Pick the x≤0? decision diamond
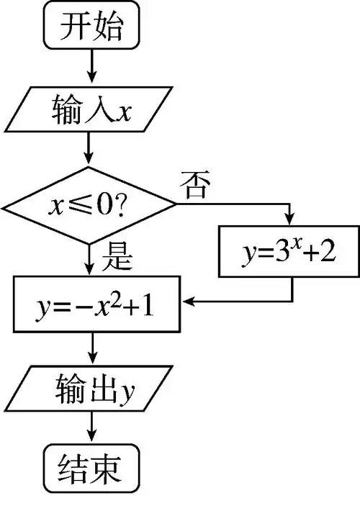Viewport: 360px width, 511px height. pos(90,208)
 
